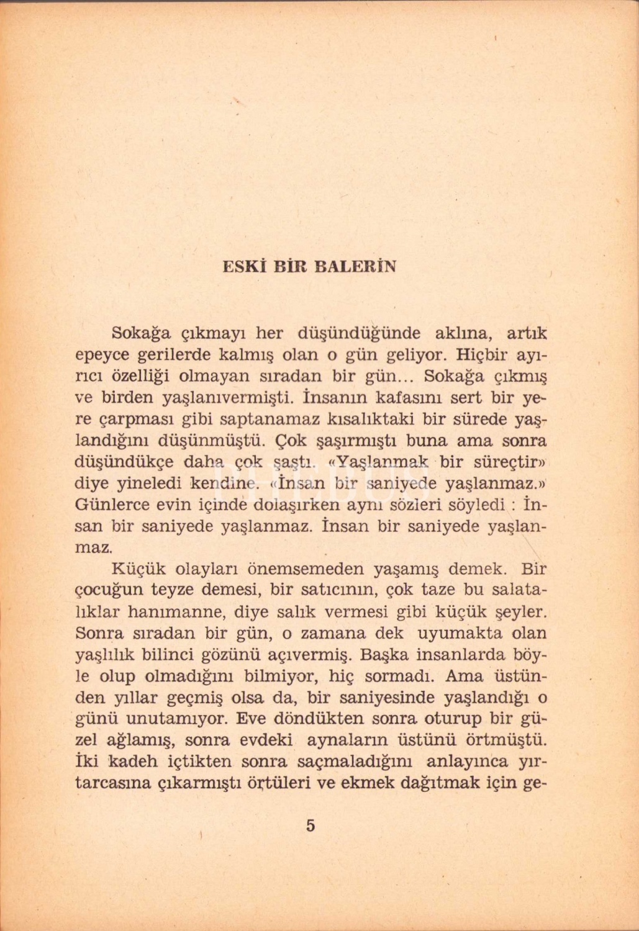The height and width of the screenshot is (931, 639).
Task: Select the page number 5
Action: coord(310,825)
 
